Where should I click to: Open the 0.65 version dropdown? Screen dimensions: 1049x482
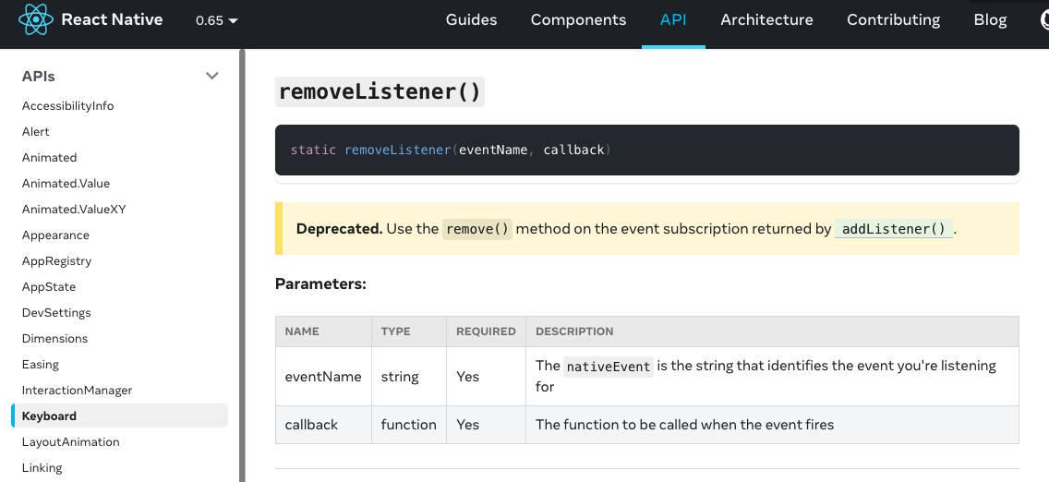click(217, 20)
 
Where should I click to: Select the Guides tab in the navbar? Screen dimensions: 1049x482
click(471, 19)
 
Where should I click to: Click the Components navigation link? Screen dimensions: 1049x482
click(578, 19)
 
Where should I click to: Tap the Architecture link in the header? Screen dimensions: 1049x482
click(766, 19)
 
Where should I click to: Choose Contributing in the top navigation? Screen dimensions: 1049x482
click(893, 19)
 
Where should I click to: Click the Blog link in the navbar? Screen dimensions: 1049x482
click(990, 19)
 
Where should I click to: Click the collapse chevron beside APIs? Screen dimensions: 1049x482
click(212, 76)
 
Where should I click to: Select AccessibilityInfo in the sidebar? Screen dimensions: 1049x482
click(68, 106)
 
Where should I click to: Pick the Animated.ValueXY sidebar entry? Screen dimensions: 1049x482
click(74, 210)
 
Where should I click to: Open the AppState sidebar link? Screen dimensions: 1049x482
click(49, 287)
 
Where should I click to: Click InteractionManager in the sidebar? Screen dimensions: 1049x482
click(78, 391)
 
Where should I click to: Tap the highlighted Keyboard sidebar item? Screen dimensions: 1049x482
click(50, 416)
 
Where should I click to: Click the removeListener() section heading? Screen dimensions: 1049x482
click(380, 91)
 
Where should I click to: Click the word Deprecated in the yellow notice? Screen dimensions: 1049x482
click(338, 228)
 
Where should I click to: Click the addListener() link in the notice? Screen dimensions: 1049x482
click(894, 229)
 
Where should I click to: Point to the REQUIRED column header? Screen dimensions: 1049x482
click(486, 331)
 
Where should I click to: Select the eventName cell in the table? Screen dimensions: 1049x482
click(323, 377)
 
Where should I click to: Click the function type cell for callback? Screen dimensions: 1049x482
click(408, 425)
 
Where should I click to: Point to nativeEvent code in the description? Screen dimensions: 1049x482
click(609, 367)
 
